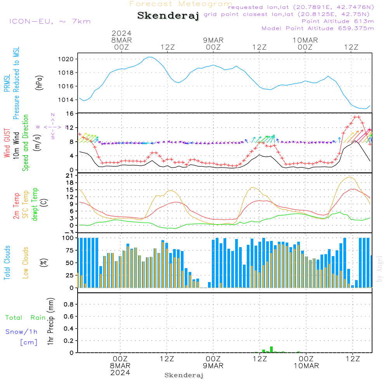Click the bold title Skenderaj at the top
coord(168,16)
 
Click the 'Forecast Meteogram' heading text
coord(181,4)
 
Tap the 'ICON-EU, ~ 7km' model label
coord(50,21)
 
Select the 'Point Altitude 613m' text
coord(338,21)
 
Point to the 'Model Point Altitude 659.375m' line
coord(318,28)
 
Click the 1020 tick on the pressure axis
coord(66,59)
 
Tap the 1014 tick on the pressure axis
coord(66,100)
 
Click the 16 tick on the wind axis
coord(70,114)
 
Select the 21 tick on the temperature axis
coord(70,176)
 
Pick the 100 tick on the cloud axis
coord(68,238)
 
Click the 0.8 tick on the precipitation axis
coord(69,304)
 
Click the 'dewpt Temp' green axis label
coord(35,204)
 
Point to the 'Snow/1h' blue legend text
coord(21,332)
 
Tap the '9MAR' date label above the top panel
coord(213,40)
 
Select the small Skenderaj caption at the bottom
coord(184,375)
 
